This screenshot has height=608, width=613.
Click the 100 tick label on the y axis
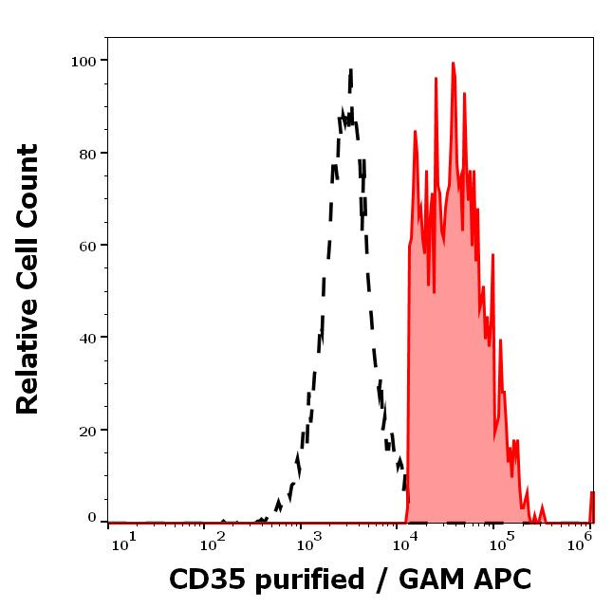(x=84, y=61)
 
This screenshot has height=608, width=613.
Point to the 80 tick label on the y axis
(x=88, y=153)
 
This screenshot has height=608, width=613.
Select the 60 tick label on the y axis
(x=88, y=246)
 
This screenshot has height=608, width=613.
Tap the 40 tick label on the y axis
(x=88, y=338)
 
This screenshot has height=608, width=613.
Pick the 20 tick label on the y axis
(x=88, y=431)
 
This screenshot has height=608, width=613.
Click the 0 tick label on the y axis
(x=92, y=518)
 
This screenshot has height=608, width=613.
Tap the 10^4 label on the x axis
(x=405, y=542)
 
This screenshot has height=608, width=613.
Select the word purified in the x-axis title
(x=306, y=580)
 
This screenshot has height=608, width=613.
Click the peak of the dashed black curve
(x=351, y=70)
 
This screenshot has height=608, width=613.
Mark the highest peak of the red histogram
(x=454, y=64)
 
